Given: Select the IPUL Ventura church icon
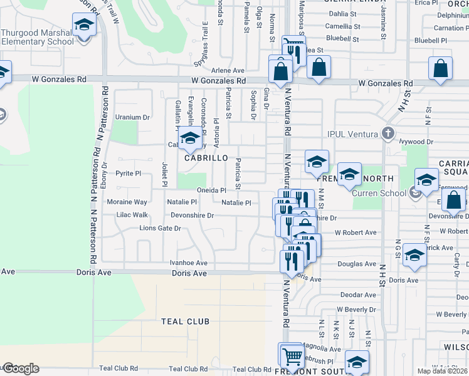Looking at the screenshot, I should pyautogui.click(x=388, y=133).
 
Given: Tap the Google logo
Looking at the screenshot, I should pyautogui.click(x=20, y=368).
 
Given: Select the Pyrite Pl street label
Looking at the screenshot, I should pyautogui.click(x=129, y=173).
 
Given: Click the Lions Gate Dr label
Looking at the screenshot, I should pyautogui.click(x=160, y=228).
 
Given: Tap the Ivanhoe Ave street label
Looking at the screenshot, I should pyautogui.click(x=188, y=263).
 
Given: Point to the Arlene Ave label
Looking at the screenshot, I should pyautogui.click(x=228, y=71).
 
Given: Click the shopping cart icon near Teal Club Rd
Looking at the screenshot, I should pyautogui.click(x=291, y=355).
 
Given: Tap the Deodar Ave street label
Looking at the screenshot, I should pyautogui.click(x=357, y=295).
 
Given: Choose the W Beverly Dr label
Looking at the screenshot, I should pyautogui.click(x=356, y=310).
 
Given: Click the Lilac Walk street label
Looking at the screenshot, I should pyautogui.click(x=132, y=215).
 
